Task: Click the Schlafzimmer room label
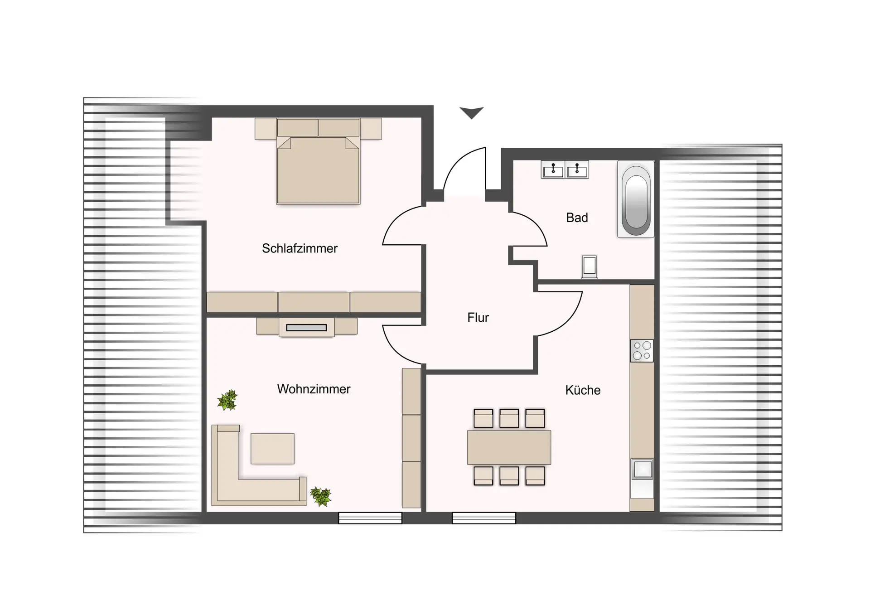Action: [300, 248]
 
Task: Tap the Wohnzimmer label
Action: [314, 389]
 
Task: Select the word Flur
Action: [478, 317]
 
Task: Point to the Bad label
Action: [577, 218]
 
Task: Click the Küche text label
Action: [583, 390]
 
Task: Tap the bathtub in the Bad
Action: [636, 199]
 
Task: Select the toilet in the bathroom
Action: [590, 266]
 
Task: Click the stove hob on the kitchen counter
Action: [642, 350]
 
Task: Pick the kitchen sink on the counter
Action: [643, 470]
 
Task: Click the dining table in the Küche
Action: [509, 447]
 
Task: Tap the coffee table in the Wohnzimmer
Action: [272, 449]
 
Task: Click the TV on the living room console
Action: [306, 328]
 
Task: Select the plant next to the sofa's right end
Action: [321, 496]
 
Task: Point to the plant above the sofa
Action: [227, 400]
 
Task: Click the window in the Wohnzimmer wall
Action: [370, 518]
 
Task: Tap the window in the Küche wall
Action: [484, 518]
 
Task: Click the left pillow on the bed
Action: [297, 127]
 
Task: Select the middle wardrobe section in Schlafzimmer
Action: [314, 302]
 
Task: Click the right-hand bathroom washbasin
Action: [577, 169]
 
